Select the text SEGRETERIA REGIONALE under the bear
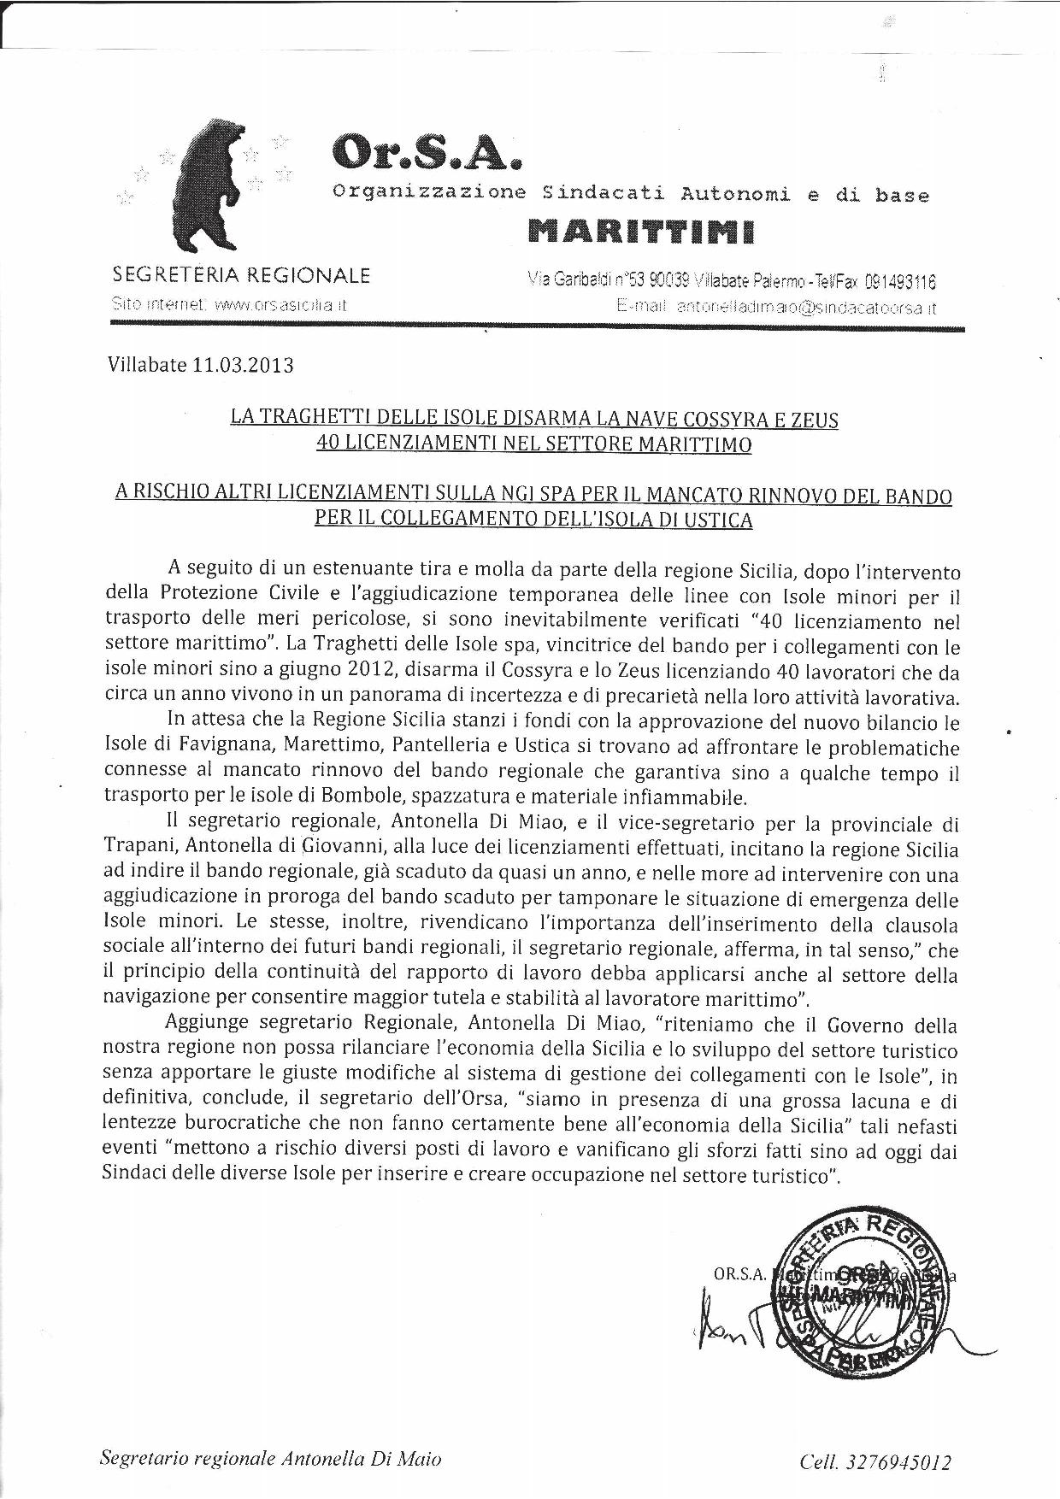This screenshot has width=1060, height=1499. tap(242, 276)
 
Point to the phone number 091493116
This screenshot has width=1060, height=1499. tap(900, 281)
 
